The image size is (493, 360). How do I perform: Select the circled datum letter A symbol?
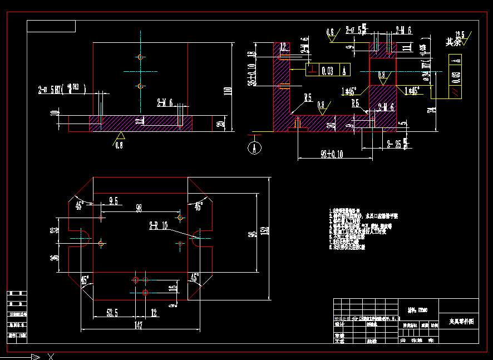[254, 148]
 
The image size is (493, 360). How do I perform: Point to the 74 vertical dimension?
[431, 109]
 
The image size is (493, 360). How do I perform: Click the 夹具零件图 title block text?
[461, 322]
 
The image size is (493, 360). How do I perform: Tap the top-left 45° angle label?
[80, 205]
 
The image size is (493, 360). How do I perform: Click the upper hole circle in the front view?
[140, 57]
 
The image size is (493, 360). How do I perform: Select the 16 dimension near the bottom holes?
[173, 288]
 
